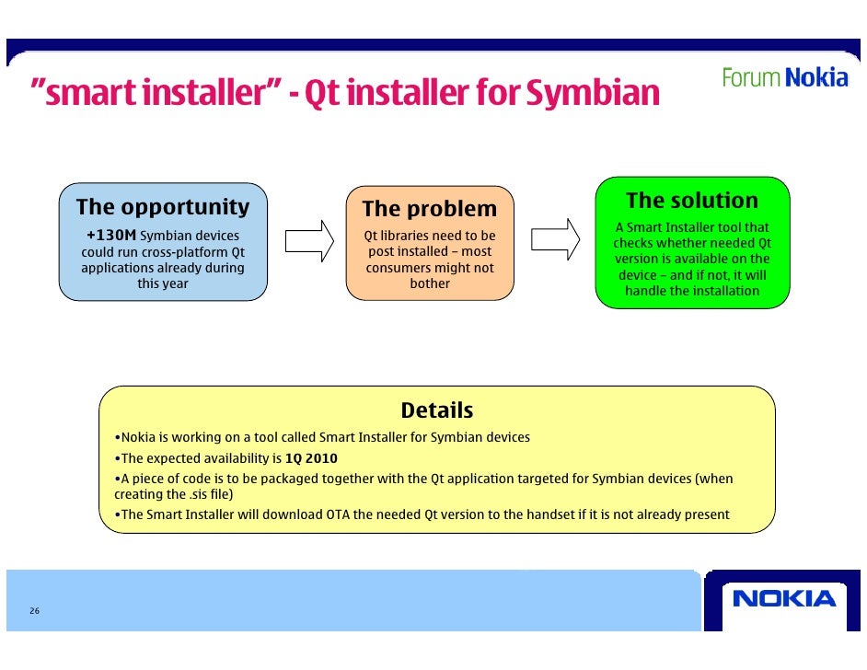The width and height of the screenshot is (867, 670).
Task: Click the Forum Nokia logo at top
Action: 784,78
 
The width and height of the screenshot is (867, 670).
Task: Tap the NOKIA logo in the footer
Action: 784,599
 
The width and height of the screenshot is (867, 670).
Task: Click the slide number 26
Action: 34,612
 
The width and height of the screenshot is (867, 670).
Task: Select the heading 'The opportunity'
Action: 163,207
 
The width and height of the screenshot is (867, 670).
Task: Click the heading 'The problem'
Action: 429,209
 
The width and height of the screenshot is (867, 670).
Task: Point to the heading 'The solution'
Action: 692,201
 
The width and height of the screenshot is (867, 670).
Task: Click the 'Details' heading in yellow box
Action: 437,410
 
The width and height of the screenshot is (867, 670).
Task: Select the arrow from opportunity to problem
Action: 308,241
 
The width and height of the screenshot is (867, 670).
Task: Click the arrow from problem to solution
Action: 556,239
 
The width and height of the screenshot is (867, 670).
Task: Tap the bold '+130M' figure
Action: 110,236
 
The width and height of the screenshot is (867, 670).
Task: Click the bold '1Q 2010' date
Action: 311,458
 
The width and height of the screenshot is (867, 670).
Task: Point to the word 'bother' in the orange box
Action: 430,283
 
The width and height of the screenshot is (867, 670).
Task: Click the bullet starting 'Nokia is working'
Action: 322,437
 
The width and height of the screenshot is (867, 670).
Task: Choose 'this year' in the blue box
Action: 163,283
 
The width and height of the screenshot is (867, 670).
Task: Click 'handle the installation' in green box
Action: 692,291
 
